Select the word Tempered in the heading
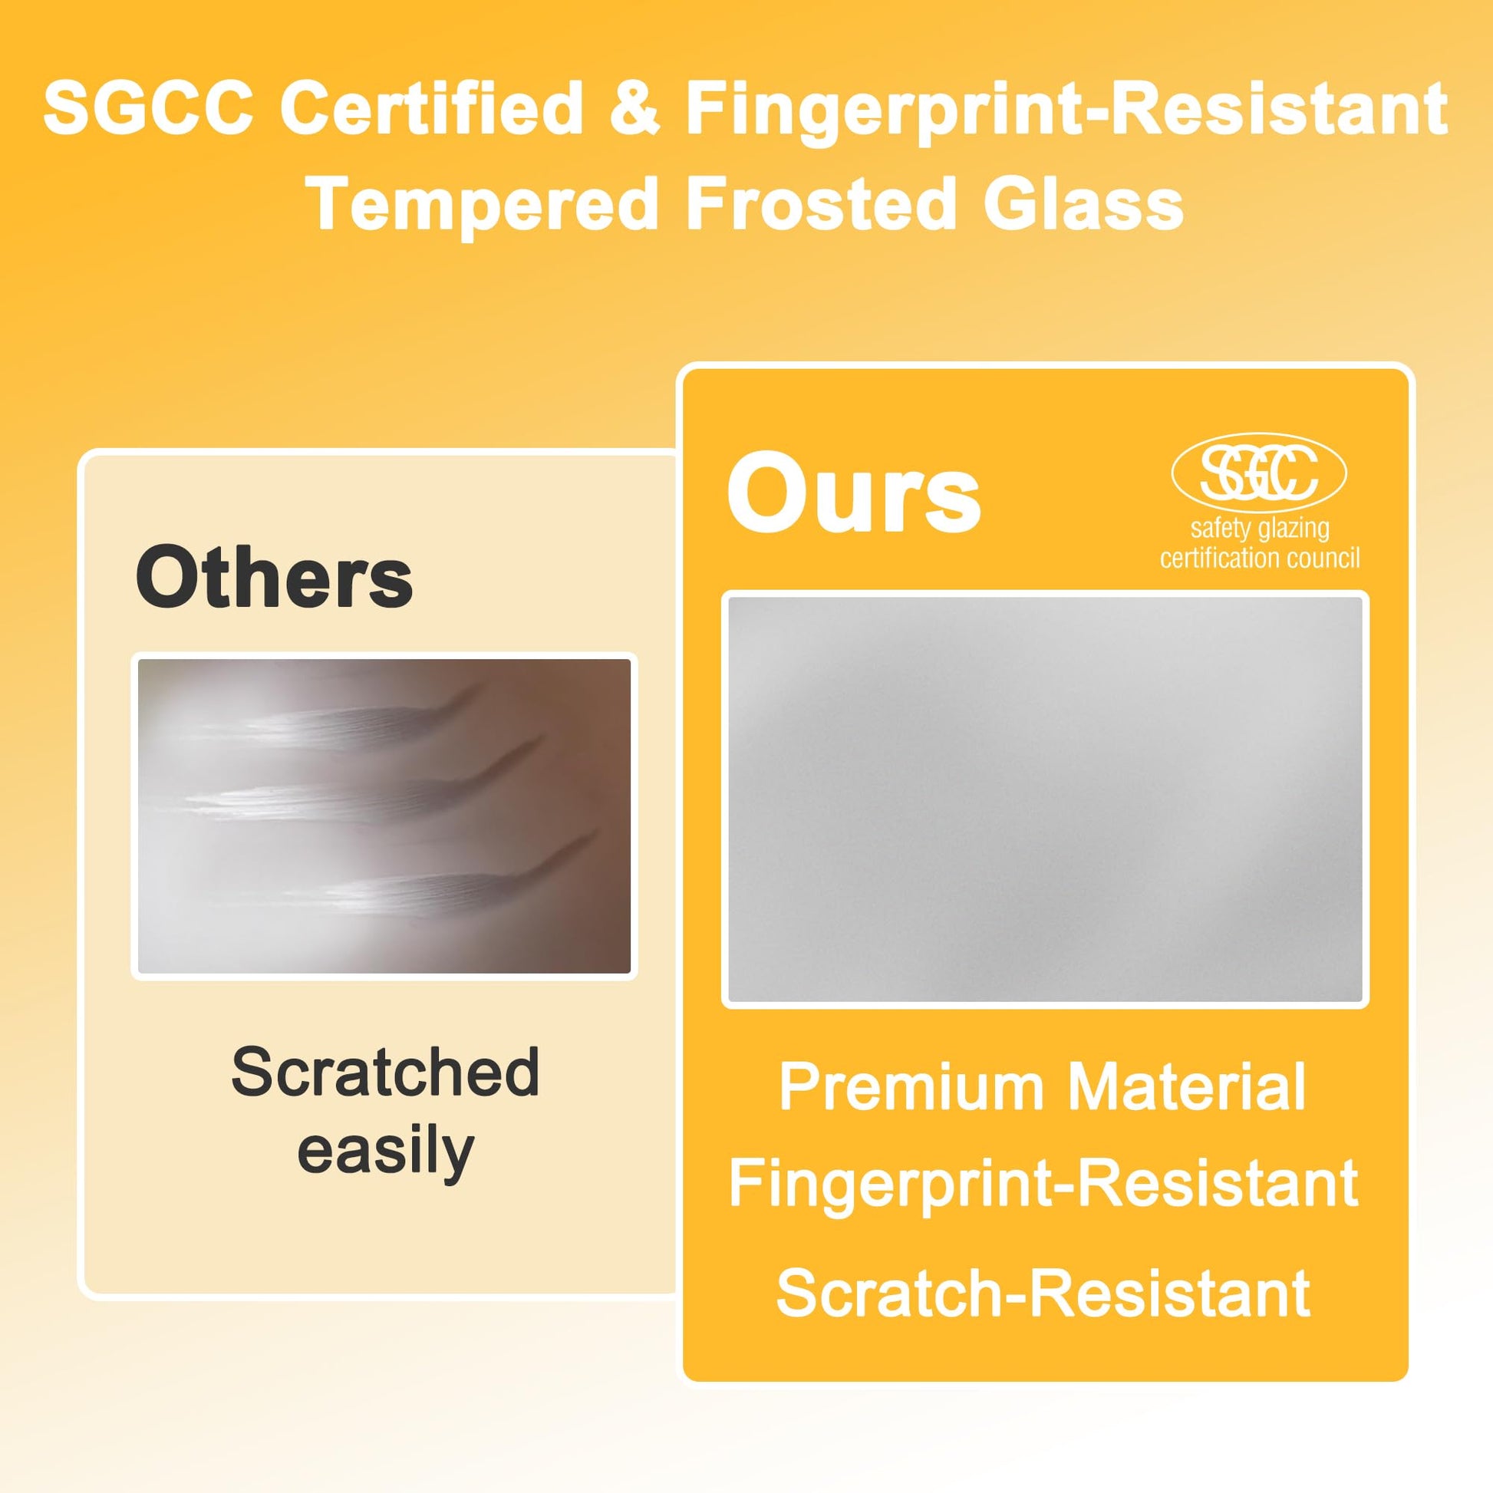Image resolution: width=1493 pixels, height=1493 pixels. (483, 204)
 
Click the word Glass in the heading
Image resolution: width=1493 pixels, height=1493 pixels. (1083, 204)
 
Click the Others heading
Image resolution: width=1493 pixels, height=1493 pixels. (275, 577)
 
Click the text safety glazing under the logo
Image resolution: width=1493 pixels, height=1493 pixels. (1260, 529)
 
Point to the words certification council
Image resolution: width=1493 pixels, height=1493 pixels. (1260, 558)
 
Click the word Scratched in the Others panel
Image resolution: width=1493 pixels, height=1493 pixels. (385, 1072)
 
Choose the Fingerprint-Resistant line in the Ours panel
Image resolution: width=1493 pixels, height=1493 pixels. (1043, 1183)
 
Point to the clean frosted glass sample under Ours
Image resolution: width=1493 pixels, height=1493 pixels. (1046, 799)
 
